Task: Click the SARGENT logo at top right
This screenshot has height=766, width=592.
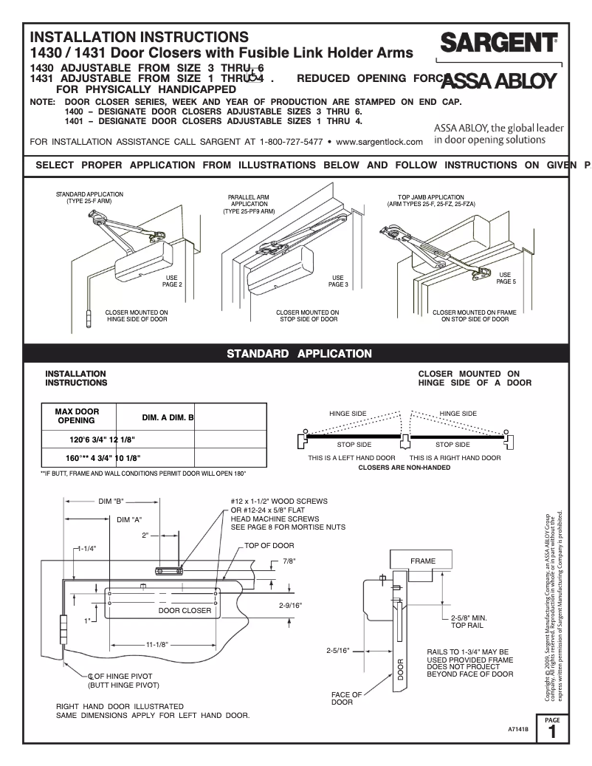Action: pos(498,44)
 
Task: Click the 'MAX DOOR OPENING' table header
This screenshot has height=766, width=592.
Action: pos(77,416)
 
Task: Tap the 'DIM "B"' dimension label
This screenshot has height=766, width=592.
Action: pos(113,502)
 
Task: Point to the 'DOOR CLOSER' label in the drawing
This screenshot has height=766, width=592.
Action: pos(185,611)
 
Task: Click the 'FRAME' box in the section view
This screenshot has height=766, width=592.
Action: pos(423,561)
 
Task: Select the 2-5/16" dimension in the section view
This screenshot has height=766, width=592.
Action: pos(338,651)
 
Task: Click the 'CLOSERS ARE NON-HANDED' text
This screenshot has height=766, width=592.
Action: pos(404,468)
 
